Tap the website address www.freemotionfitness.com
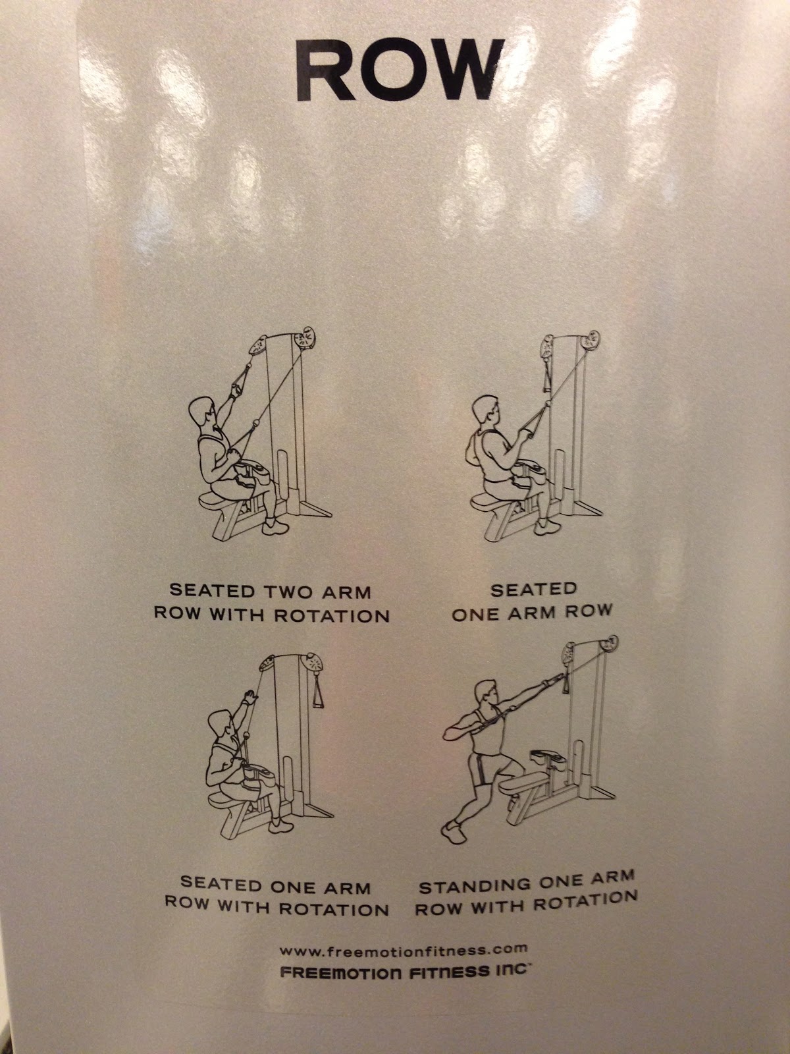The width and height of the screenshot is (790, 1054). coord(404,936)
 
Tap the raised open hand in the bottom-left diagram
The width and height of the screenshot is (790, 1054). coord(249,697)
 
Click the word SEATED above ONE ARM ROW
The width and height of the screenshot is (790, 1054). coord(533,590)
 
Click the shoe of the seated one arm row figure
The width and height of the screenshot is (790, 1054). coord(547,526)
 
